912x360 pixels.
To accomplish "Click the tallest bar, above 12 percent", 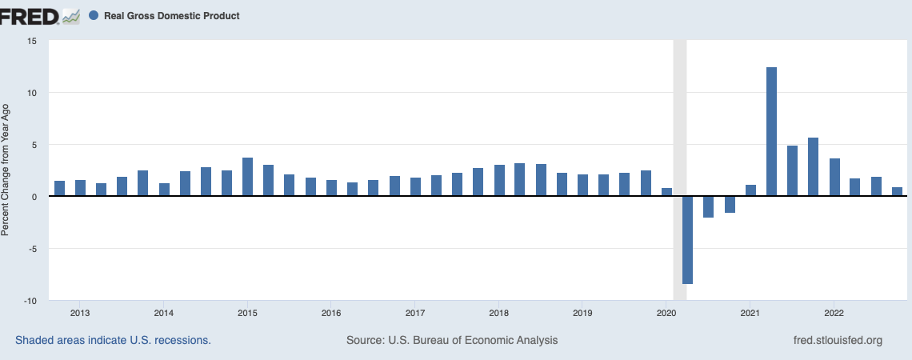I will pos(771,132).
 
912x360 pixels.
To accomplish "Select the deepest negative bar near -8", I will pos(687,240).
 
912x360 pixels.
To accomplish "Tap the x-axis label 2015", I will pos(247,313).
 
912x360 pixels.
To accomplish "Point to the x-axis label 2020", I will pos(666,313).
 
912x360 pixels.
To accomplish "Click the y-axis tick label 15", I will pos(33,41).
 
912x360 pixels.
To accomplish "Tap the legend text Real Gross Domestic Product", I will pos(171,15).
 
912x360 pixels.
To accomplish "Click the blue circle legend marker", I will pos(94,15).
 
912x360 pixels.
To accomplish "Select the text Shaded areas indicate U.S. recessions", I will pos(113,340).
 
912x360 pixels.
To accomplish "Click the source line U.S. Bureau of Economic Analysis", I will pos(452,340).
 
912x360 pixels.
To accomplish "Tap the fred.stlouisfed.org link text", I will pos(836,340).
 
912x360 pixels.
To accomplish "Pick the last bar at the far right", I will pos(897,192).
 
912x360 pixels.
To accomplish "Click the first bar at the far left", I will pos(59,189).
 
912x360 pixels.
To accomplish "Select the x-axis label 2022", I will pos(834,313).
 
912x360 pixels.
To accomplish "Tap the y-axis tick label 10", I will pos(33,93).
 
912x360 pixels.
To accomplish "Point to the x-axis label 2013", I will pos(80,313).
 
